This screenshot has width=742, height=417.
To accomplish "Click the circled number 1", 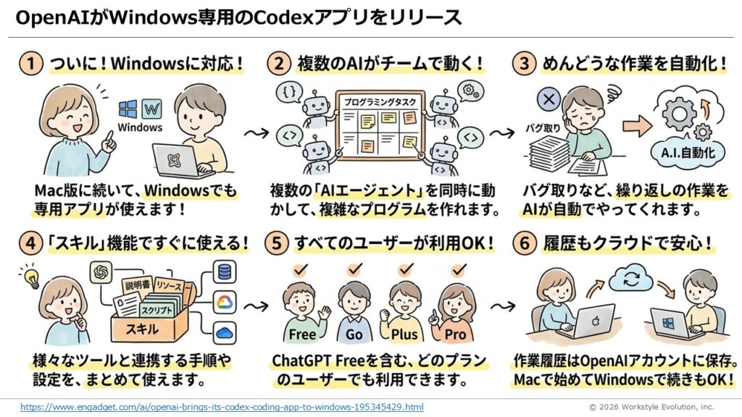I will [x=30, y=64].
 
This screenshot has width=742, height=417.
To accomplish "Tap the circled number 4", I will [x=30, y=244].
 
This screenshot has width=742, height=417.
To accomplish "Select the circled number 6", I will [x=525, y=244].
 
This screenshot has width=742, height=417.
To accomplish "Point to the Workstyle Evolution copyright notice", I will [x=650, y=407].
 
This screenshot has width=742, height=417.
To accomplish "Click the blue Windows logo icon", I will [x=129, y=109].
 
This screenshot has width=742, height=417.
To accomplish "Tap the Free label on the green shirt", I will [x=302, y=334].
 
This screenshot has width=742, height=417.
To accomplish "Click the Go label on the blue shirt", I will [x=354, y=334].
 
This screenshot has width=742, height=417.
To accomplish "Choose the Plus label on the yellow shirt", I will [x=405, y=334].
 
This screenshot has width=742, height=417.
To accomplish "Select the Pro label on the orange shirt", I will [x=455, y=334].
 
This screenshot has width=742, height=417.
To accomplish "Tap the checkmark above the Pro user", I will [x=457, y=270].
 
